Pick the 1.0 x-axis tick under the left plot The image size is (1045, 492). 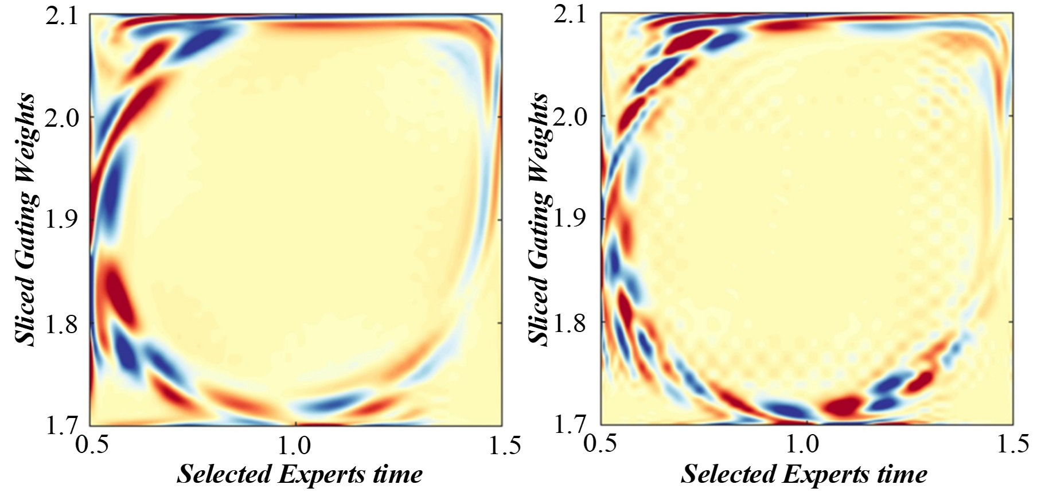(x=295, y=446)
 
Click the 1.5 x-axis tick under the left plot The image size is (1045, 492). (x=505, y=446)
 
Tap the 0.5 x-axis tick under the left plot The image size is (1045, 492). (x=92, y=446)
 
